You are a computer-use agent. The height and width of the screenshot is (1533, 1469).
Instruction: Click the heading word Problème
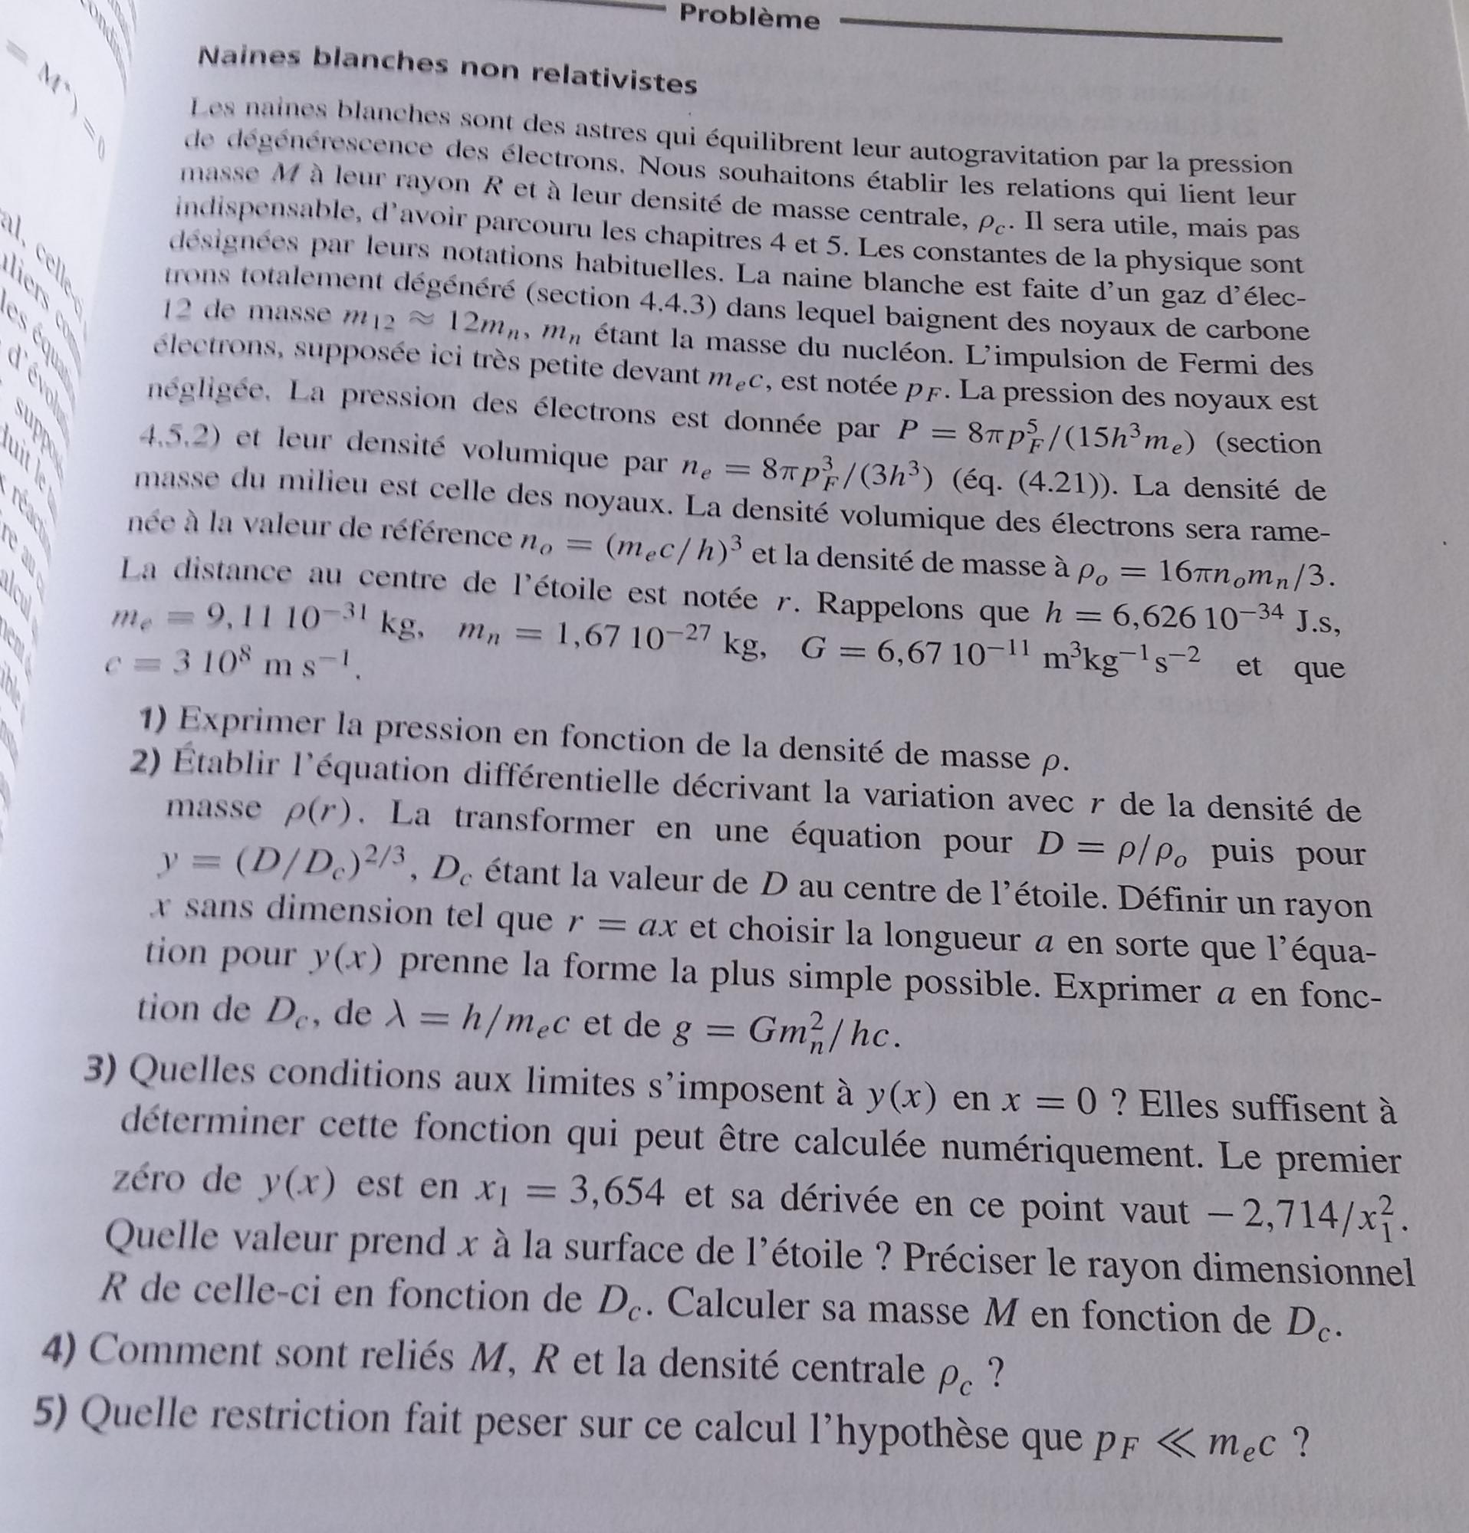coord(749,16)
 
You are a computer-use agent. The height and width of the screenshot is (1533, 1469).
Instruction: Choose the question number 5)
coord(54,1412)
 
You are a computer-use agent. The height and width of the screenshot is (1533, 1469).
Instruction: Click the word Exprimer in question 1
coord(250,721)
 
